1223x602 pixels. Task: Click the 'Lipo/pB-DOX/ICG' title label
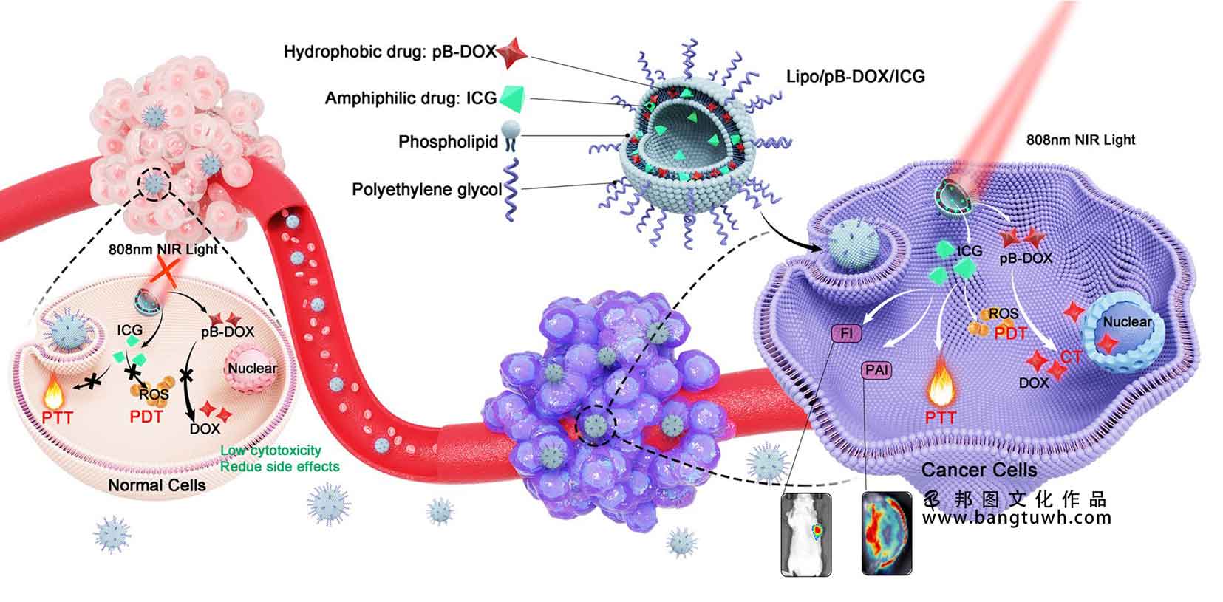pyautogui.click(x=856, y=76)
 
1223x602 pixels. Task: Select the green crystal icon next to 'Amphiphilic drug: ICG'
pyautogui.click(x=511, y=99)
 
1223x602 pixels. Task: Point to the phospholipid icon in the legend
pyautogui.click(x=511, y=136)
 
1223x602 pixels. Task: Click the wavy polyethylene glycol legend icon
pyautogui.click(x=511, y=189)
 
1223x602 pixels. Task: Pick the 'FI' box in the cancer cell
pyautogui.click(x=846, y=333)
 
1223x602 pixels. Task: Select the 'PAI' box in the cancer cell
pyautogui.click(x=877, y=370)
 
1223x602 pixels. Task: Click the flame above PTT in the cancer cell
pyautogui.click(x=941, y=383)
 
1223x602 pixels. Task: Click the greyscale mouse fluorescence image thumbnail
pyautogui.click(x=806, y=534)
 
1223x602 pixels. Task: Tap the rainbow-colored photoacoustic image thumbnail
pyautogui.click(x=887, y=533)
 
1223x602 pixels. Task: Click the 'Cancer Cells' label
pyautogui.click(x=979, y=470)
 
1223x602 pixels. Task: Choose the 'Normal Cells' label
pyautogui.click(x=157, y=485)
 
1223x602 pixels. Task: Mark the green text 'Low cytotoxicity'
pyautogui.click(x=270, y=451)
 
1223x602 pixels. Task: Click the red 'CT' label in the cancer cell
pyautogui.click(x=1072, y=357)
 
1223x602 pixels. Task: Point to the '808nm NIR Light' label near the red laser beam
pyautogui.click(x=1080, y=140)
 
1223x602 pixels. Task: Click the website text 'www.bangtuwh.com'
pyautogui.click(x=1017, y=517)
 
